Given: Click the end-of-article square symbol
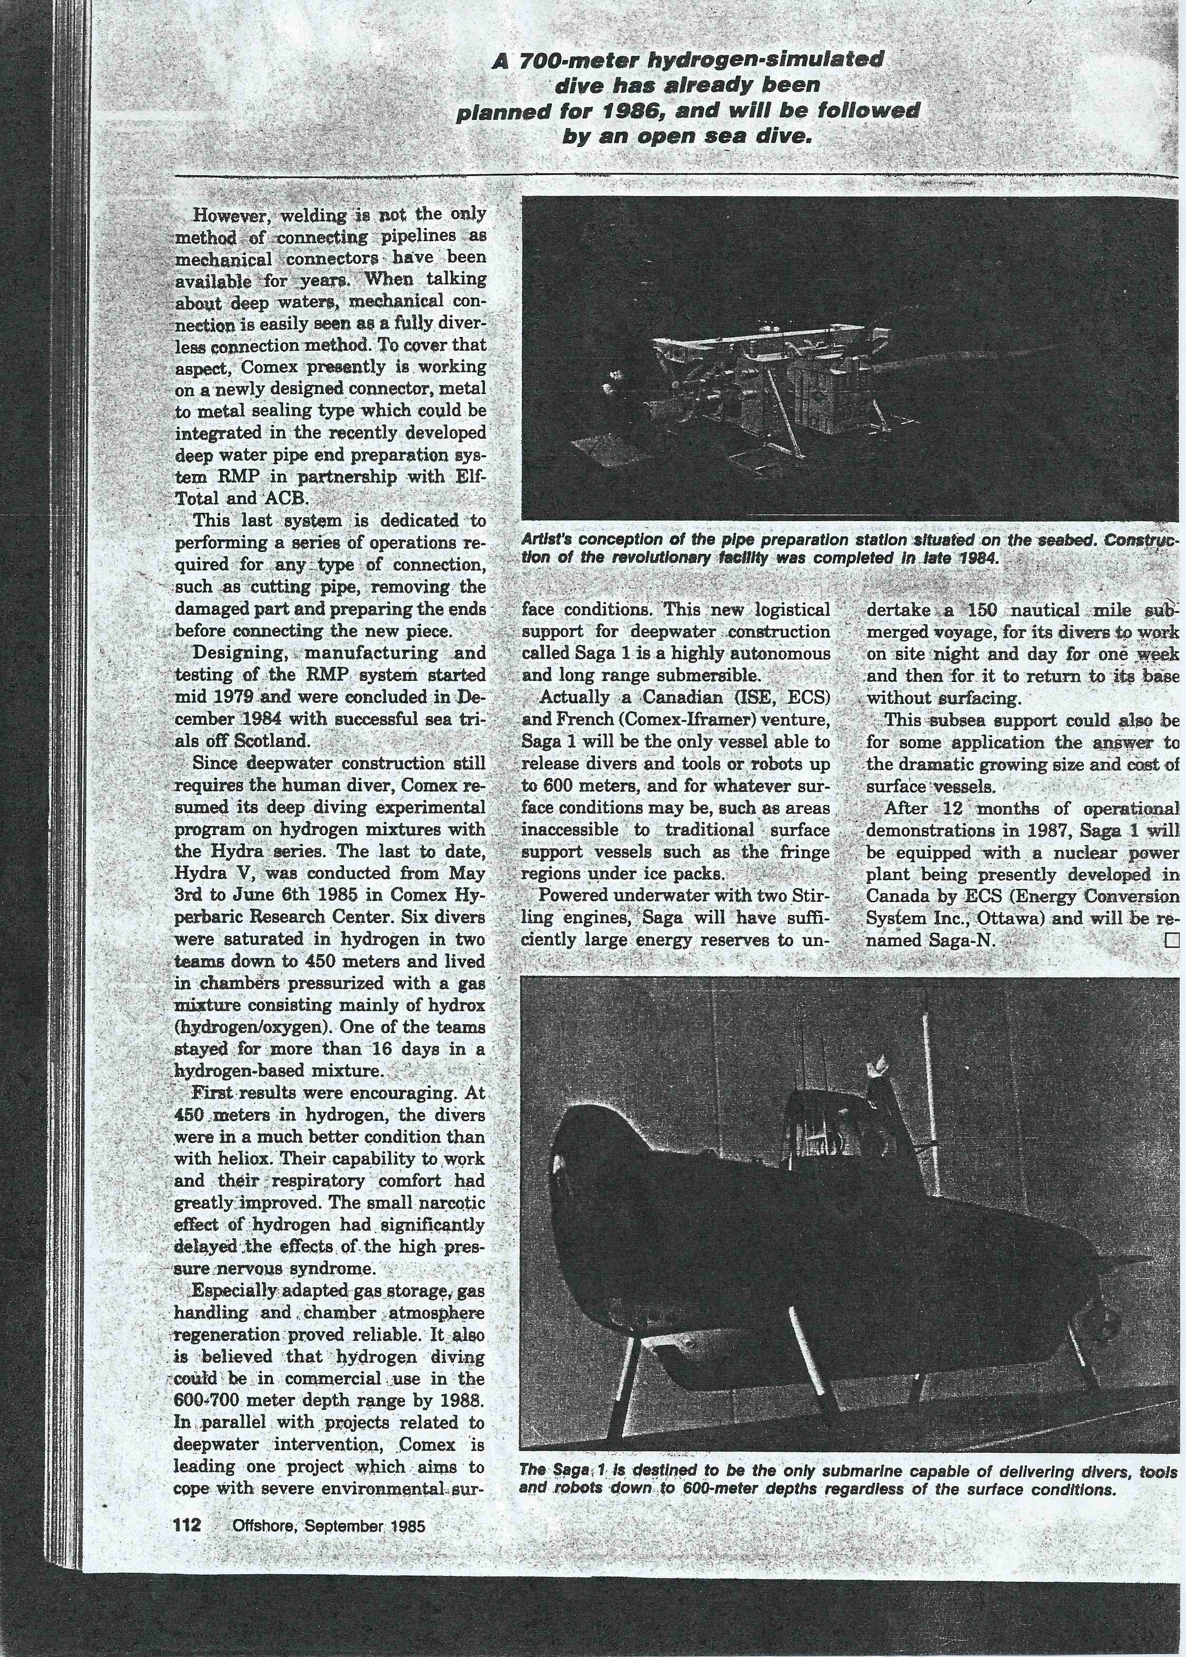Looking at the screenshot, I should click(1171, 941).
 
